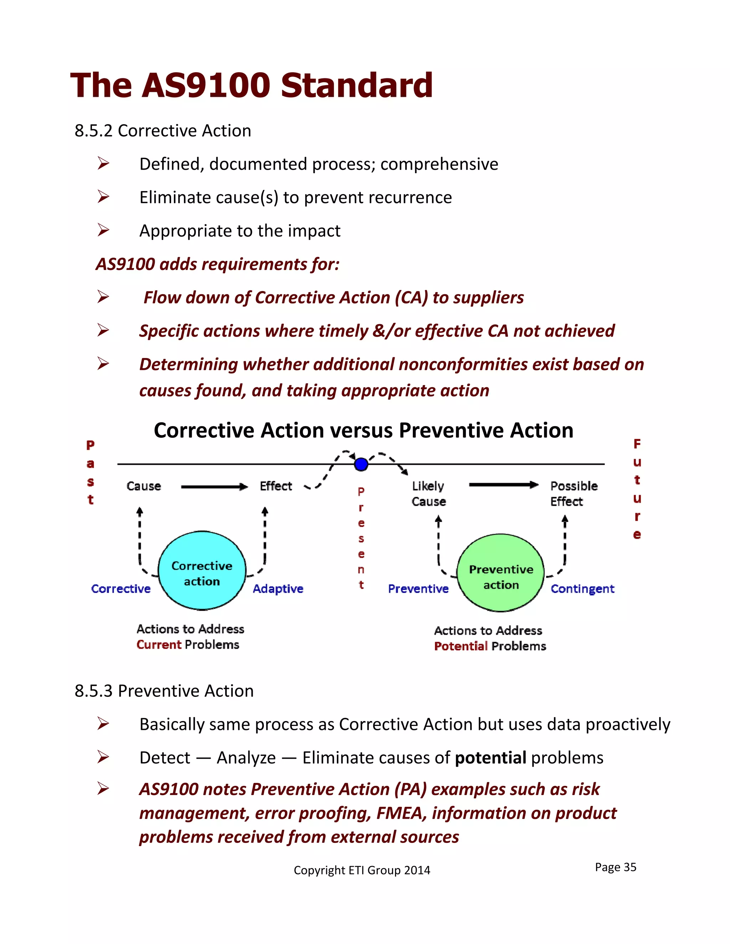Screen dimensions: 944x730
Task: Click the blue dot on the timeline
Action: [361, 464]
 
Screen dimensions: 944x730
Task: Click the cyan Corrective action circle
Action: [202, 571]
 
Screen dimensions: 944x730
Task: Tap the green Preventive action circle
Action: [500, 573]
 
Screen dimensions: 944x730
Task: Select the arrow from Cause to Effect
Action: [214, 487]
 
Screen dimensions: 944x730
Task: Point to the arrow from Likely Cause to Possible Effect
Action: [503, 485]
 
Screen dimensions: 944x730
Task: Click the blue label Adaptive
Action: [278, 589]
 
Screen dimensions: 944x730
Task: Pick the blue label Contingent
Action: [582, 589]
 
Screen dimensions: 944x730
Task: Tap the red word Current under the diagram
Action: [159, 644]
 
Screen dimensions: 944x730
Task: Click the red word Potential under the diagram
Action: [461, 646]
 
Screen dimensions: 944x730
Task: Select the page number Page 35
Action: [615, 867]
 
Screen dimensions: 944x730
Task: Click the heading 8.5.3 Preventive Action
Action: [164, 691]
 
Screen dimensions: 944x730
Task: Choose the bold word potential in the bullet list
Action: [490, 758]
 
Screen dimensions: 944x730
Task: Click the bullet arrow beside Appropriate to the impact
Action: [103, 230]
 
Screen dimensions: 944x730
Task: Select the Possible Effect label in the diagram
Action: [574, 494]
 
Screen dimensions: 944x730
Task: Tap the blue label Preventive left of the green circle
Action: [418, 589]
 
